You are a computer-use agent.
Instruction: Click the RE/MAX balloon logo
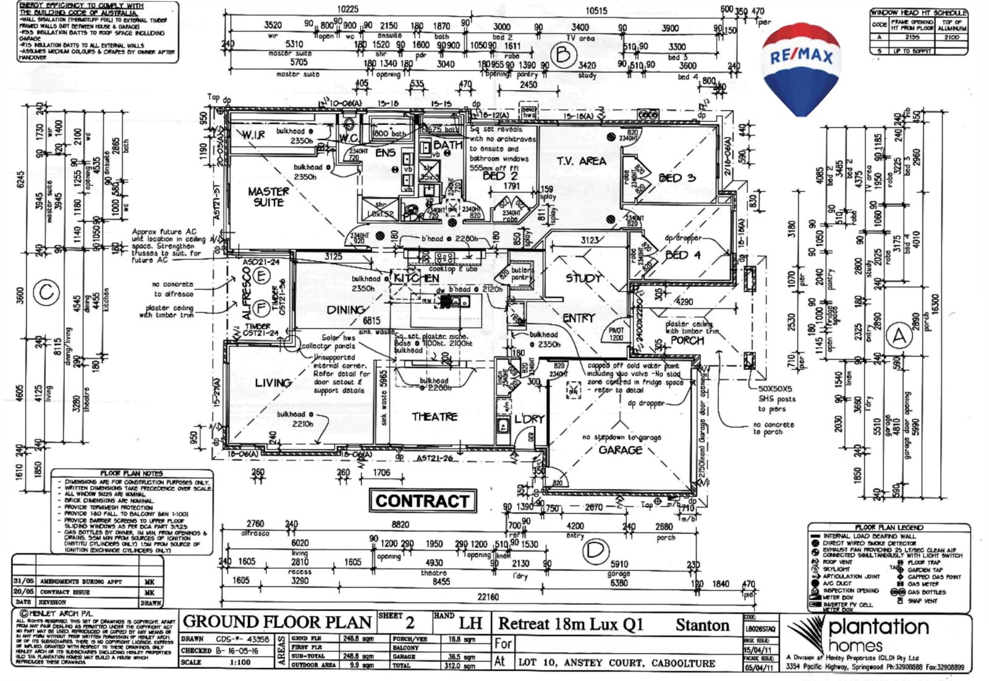(800, 68)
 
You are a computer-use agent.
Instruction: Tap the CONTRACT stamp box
(422, 500)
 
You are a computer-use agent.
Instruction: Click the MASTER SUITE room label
(268, 197)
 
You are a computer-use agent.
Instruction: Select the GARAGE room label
(620, 450)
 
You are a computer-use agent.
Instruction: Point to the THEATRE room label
(435, 417)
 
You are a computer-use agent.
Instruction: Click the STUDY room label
(584, 278)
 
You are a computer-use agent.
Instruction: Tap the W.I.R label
(253, 135)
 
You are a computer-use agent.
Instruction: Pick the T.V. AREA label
(581, 161)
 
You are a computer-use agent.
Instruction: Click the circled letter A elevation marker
(899, 337)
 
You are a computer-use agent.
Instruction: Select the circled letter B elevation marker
(563, 56)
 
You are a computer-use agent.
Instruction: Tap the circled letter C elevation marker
(46, 292)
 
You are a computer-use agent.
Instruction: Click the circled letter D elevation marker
(595, 552)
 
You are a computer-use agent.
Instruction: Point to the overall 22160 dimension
(488, 597)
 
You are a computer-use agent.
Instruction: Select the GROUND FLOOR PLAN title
(277, 622)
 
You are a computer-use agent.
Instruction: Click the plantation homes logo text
(878, 636)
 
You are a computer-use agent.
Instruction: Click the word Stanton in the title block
(702, 625)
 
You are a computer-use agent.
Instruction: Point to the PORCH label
(687, 340)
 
